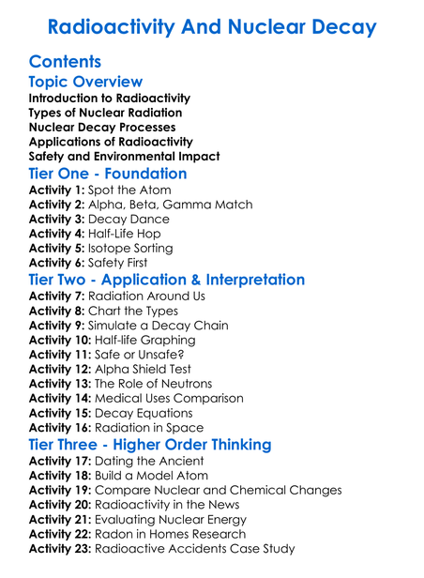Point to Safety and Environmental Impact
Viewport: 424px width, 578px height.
pyautogui.click(x=125, y=157)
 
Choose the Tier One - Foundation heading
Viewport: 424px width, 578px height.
pyautogui.click(x=108, y=175)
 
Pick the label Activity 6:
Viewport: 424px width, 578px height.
pyautogui.click(x=57, y=264)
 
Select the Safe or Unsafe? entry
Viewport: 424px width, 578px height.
pyautogui.click(x=146, y=355)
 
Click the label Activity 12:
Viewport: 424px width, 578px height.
pyautogui.click(x=61, y=369)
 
